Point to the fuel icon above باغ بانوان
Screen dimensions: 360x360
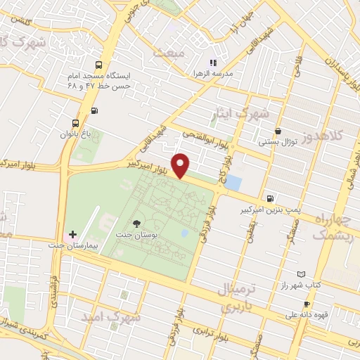click(94, 110)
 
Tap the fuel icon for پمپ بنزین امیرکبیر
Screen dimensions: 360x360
click(271, 198)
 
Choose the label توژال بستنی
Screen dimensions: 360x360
click(278, 141)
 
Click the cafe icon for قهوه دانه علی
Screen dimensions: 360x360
click(306, 304)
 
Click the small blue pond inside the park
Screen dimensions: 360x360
click(184, 233)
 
